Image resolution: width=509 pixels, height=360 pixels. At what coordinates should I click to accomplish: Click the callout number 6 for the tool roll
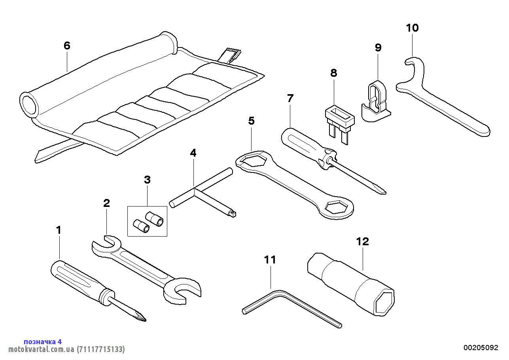click(x=67, y=46)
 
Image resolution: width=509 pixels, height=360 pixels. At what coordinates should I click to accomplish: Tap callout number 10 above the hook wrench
click(x=412, y=28)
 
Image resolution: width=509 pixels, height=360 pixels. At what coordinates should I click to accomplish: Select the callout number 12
click(x=362, y=241)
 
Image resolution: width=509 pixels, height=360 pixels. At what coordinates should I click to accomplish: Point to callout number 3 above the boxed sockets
click(x=147, y=180)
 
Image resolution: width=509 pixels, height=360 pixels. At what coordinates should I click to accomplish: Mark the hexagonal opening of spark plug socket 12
click(x=384, y=301)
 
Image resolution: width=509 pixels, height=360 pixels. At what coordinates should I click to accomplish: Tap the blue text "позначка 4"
click(x=43, y=341)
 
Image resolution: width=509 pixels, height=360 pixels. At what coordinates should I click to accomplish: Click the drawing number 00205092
click(x=481, y=348)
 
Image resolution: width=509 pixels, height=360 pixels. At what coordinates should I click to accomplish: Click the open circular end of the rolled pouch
click(x=29, y=104)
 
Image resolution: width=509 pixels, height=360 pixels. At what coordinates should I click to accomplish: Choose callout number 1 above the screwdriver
click(x=59, y=230)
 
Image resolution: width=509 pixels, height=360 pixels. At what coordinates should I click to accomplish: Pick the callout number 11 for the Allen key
click(x=271, y=260)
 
